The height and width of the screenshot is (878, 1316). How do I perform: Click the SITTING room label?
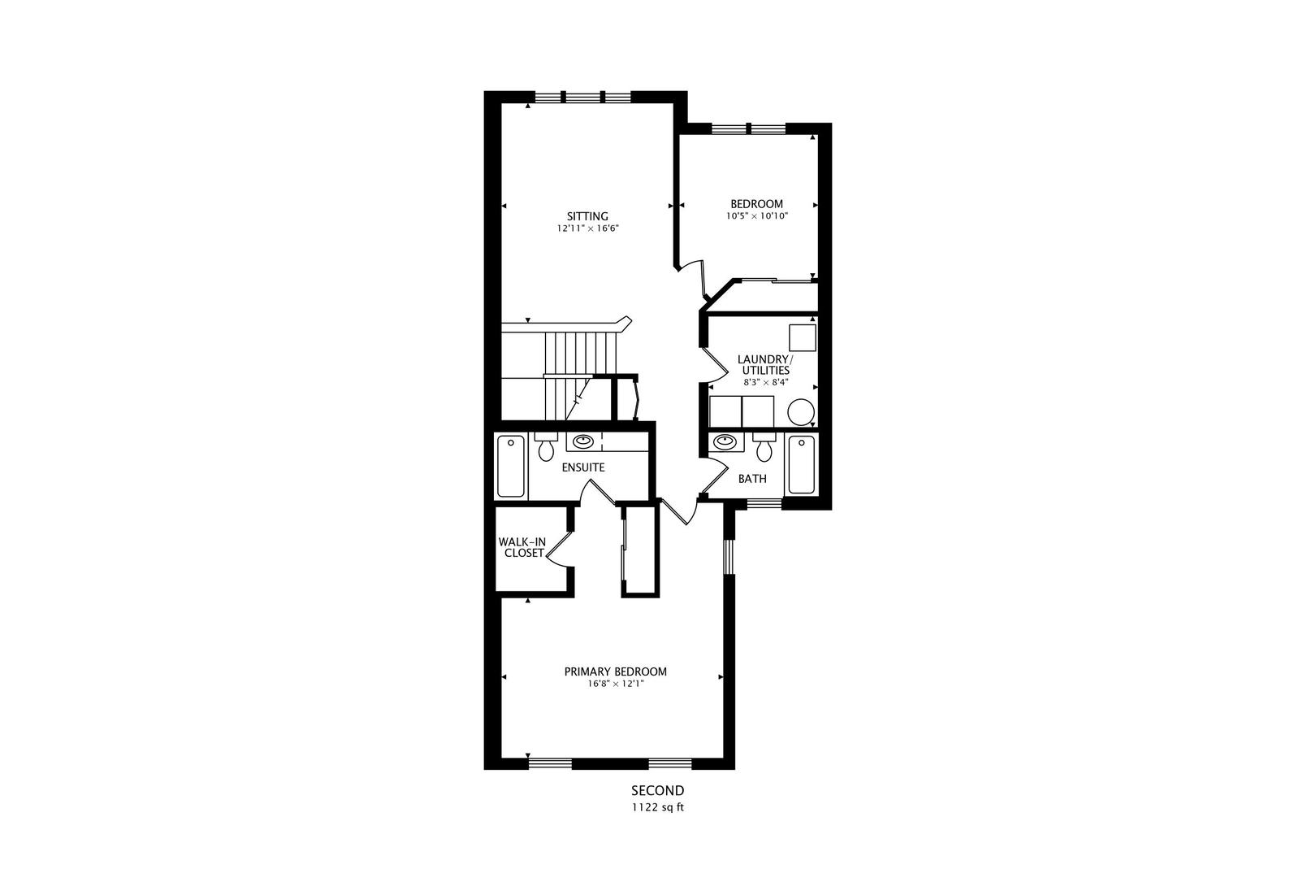(x=587, y=216)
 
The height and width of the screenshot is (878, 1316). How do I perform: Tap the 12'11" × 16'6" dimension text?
(x=588, y=228)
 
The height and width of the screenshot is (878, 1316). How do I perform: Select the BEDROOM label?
(x=757, y=204)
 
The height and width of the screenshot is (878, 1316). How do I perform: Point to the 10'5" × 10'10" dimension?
(x=757, y=215)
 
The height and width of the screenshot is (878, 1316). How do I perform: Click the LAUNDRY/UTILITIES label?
(x=765, y=364)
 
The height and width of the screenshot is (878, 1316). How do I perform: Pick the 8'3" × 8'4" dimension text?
(x=765, y=381)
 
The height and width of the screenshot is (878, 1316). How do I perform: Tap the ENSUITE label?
(x=582, y=467)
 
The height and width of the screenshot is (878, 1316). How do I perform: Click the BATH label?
(x=752, y=479)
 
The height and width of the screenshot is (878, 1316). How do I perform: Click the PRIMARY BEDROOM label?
(x=615, y=672)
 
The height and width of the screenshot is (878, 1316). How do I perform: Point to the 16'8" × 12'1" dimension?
(x=616, y=684)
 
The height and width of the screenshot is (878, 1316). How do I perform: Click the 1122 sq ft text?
(x=657, y=807)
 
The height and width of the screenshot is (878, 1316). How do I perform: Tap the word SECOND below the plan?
(x=657, y=791)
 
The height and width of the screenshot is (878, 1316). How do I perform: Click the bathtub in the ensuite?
(x=510, y=466)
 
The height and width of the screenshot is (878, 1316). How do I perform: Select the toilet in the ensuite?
(x=547, y=447)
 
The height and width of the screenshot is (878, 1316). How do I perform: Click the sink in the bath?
(x=725, y=441)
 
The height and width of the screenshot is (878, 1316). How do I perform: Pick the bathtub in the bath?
(x=801, y=464)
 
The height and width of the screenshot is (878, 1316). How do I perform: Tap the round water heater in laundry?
(x=801, y=412)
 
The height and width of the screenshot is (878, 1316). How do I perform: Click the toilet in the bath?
(x=764, y=448)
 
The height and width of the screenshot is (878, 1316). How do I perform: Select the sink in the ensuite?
(x=582, y=441)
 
